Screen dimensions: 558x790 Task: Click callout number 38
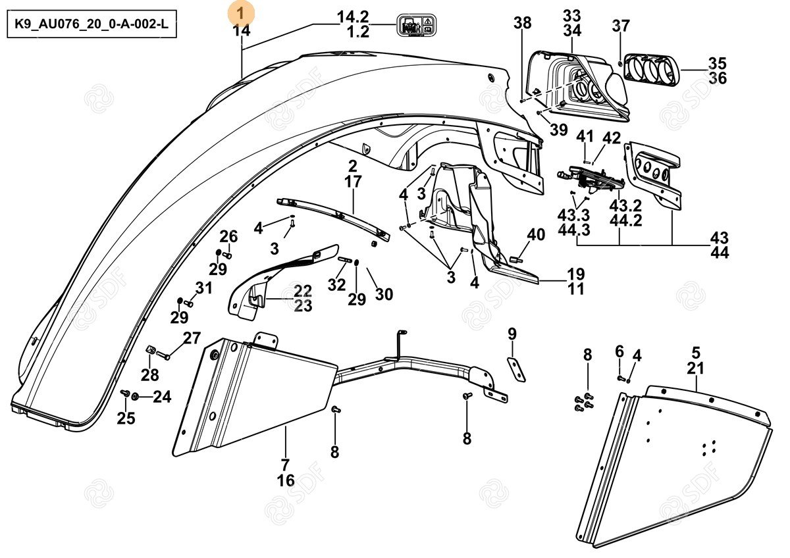tap(523, 24)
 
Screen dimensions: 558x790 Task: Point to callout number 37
tap(620, 26)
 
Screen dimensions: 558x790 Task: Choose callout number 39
tap(558, 130)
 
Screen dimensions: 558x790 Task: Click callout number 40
tap(536, 235)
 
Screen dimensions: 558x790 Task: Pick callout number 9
tap(512, 334)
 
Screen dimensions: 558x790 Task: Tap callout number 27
tap(192, 338)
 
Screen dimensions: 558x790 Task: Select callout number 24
tap(162, 396)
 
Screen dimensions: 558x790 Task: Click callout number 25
tap(126, 418)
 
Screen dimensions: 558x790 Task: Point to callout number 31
tap(204, 288)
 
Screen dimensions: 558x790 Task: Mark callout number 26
tap(228, 236)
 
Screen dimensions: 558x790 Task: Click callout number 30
tap(384, 294)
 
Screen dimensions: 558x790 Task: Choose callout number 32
tap(336, 285)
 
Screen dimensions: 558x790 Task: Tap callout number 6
tap(619, 351)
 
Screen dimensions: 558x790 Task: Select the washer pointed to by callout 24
tap(135, 396)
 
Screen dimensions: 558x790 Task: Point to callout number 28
tap(150, 375)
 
